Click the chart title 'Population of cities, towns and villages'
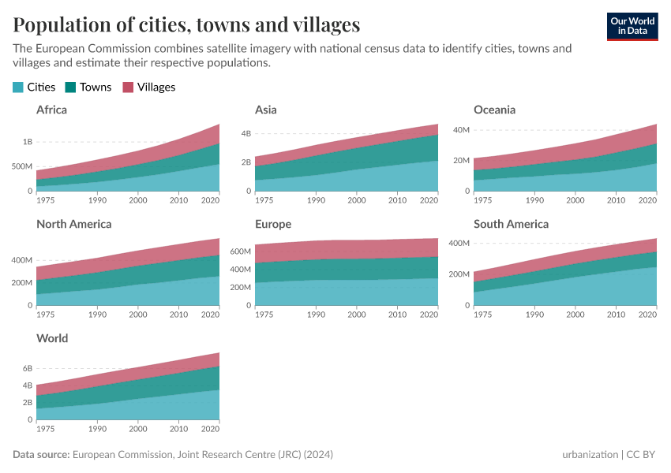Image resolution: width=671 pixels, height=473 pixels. pyautogui.click(x=186, y=24)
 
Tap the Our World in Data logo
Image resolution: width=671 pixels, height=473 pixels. pyautogui.click(x=632, y=26)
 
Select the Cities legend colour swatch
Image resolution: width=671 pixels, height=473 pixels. pyautogui.click(x=18, y=88)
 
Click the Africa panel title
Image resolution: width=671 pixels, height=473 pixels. pyautogui.click(x=51, y=110)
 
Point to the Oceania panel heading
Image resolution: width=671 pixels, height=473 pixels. pyautogui.click(x=494, y=110)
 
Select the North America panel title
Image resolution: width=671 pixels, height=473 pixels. pyautogui.click(x=73, y=224)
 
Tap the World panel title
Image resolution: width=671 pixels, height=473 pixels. pyautogui.click(x=52, y=338)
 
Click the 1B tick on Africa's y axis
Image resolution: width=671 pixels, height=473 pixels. pyautogui.click(x=27, y=142)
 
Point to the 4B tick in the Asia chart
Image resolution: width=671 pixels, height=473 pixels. pyautogui.click(x=246, y=133)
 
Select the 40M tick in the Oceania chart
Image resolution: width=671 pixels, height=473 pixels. pyautogui.click(x=460, y=129)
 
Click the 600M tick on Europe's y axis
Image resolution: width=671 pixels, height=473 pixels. pyautogui.click(x=240, y=251)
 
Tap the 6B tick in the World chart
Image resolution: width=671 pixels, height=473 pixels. pyautogui.click(x=27, y=369)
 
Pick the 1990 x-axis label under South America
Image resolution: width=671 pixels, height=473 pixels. pyautogui.click(x=535, y=315)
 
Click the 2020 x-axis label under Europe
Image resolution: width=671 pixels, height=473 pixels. pyautogui.click(x=429, y=315)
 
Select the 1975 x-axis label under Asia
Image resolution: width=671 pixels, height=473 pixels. pyautogui.click(x=264, y=200)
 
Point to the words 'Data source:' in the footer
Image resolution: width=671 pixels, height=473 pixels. pyautogui.click(x=41, y=455)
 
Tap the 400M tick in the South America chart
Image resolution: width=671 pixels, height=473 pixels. pyautogui.click(x=459, y=244)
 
